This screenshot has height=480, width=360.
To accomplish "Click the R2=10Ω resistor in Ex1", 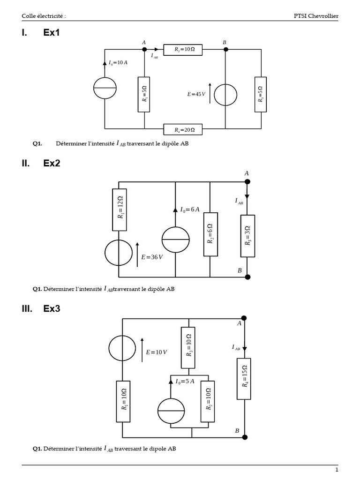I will pyautogui.click(x=183, y=49).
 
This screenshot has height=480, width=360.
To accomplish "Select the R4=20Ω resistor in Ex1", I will pyautogui.click(x=183, y=128).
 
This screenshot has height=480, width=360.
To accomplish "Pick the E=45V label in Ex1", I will pyautogui.click(x=196, y=94).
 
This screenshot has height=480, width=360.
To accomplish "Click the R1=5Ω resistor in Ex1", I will pyautogui.click(x=144, y=94).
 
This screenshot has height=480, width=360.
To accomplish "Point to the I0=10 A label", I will pyautogui.click(x=118, y=62).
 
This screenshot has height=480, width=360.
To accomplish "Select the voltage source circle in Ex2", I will pyautogui.click(x=119, y=253).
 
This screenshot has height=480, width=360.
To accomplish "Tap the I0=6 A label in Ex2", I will pyautogui.click(x=190, y=210).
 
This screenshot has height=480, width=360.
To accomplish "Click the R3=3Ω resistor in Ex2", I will pyautogui.click(x=247, y=235).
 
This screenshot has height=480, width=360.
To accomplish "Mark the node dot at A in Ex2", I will pyautogui.click(x=247, y=182).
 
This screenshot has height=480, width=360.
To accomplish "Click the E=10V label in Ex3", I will pyautogui.click(x=157, y=352).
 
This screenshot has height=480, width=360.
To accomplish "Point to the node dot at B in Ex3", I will pyautogui.click(x=244, y=437).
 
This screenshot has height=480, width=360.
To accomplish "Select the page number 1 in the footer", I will pyautogui.click(x=337, y=470).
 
